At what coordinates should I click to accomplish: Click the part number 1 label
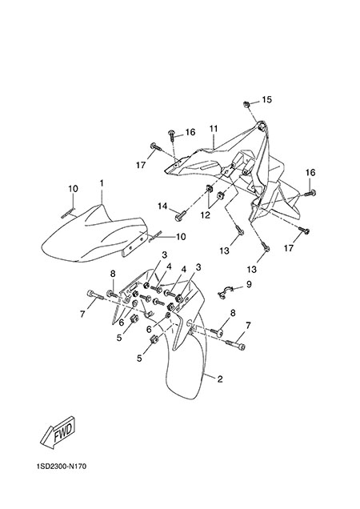(102, 184)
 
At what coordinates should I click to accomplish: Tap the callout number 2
(220, 379)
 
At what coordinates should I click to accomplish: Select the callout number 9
(249, 284)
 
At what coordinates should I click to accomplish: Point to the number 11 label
(213, 129)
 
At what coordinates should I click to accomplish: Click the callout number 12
(205, 215)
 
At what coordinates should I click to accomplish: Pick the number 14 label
(162, 206)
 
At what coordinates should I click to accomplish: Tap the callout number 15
(267, 100)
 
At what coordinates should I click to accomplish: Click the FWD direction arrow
(58, 432)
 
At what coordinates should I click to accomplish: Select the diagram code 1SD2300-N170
(62, 467)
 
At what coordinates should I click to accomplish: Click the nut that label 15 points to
(246, 104)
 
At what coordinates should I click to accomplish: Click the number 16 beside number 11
(190, 132)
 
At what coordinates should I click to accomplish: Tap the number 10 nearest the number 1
(73, 189)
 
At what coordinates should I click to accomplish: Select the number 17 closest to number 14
(141, 165)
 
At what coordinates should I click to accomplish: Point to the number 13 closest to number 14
(225, 250)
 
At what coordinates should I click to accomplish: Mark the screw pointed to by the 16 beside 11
(172, 134)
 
